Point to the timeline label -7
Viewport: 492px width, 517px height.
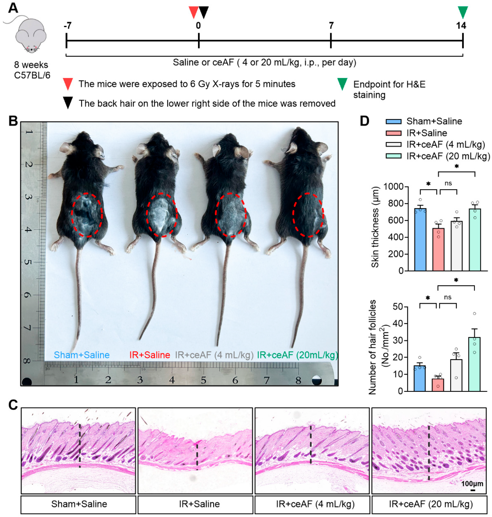pyautogui.click(x=68, y=26)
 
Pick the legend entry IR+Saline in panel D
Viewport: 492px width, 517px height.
pyautogui.click(x=427, y=133)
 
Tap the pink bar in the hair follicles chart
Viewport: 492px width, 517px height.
pyautogui.click(x=438, y=385)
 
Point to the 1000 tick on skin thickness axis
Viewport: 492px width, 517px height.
pyautogui.click(x=393, y=187)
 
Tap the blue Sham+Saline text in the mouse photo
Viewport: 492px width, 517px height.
pyautogui.click(x=82, y=355)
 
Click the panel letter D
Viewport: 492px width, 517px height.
pyautogui.click(x=364, y=121)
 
